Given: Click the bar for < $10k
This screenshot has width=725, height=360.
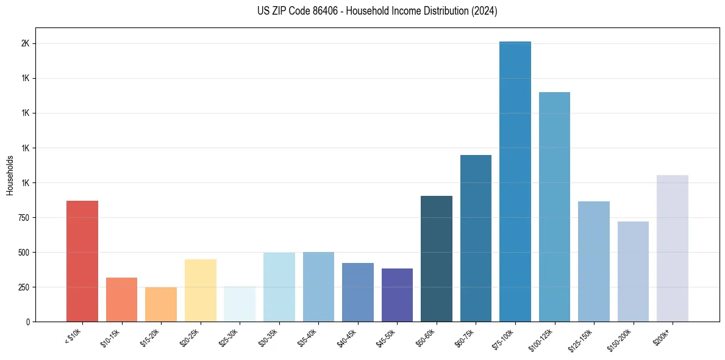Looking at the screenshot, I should pyautogui.click(x=82, y=261).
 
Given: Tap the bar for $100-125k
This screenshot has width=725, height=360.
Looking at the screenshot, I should pyautogui.click(x=554, y=207).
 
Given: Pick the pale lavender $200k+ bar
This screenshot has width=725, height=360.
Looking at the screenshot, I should pyautogui.click(x=673, y=248).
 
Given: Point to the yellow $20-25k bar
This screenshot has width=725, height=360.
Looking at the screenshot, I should pyautogui.click(x=201, y=290).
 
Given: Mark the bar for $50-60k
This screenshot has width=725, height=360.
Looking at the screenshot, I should pyautogui.click(x=437, y=259).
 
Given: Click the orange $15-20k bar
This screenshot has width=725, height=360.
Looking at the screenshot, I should pyautogui.click(x=161, y=304).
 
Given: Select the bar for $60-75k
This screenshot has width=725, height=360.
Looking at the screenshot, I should pyautogui.click(x=476, y=238).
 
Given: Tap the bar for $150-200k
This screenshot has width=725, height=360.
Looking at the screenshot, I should pyautogui.click(x=633, y=272).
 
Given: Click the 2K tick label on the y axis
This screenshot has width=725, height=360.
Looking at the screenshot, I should pyautogui.click(x=25, y=44).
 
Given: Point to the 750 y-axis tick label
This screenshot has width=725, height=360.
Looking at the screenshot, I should pyautogui.click(x=23, y=218).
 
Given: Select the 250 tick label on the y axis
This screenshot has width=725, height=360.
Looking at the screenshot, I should pyautogui.click(x=23, y=287).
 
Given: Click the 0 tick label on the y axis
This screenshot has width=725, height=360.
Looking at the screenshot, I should pyautogui.click(x=27, y=322).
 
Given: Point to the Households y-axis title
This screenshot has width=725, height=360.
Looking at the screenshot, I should pyautogui.click(x=10, y=175).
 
